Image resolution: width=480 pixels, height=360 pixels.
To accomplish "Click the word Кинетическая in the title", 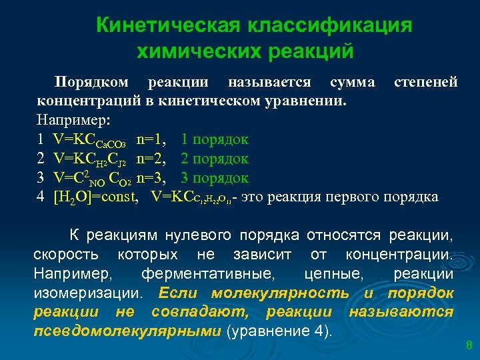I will [x=166, y=26].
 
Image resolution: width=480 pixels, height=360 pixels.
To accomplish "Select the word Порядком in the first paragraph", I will [x=91, y=82].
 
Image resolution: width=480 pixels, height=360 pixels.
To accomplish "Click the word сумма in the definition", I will [x=352, y=82].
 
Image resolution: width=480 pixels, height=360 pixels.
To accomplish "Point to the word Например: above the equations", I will [x=76, y=121].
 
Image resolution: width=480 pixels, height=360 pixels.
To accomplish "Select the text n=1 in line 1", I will [x=151, y=139].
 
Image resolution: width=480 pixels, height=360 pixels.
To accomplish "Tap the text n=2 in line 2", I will [x=151, y=159].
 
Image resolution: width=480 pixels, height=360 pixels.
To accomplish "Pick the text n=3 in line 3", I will [x=151, y=178].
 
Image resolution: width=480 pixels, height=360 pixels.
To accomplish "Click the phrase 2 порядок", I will [x=214, y=159].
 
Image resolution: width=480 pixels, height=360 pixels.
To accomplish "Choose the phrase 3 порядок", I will [x=214, y=178].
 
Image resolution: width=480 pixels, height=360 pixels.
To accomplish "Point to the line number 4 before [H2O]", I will [x=41, y=197].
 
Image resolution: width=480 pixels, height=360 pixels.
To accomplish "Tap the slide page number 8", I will [x=468, y=345].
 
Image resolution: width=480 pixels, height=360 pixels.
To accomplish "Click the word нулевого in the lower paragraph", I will [x=198, y=235].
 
